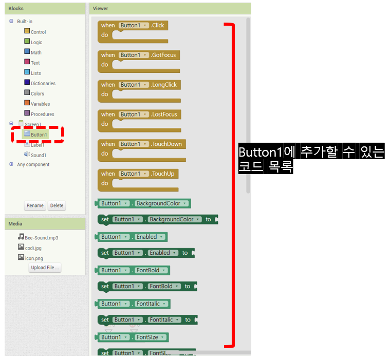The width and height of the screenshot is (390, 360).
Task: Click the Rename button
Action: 35,205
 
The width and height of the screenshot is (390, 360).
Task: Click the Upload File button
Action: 45,268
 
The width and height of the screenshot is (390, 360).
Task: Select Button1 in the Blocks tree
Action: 39,135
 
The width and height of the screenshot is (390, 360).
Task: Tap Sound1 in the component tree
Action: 38,155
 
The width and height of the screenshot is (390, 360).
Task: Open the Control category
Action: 38,32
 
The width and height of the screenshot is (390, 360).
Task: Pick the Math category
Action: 36,52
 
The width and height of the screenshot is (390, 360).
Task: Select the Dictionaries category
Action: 43,83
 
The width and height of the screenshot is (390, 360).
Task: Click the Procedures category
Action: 42,114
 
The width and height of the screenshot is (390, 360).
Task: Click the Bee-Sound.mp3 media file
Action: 41,238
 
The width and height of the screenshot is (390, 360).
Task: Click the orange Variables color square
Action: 27,103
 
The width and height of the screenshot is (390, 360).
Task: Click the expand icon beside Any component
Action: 11,164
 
